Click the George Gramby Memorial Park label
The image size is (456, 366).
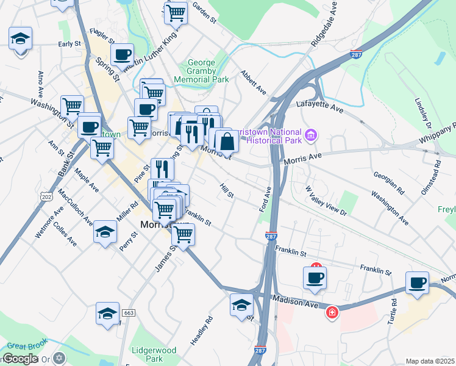(201, 71)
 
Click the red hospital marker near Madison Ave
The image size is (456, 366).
(331, 312)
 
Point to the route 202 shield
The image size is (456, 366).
(48, 197)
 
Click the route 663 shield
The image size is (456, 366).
(128, 312)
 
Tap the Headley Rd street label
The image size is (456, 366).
(201, 330)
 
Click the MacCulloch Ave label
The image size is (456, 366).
(76, 207)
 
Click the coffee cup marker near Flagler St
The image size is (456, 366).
(123, 54)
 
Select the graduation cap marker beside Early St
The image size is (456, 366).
(21, 39)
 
